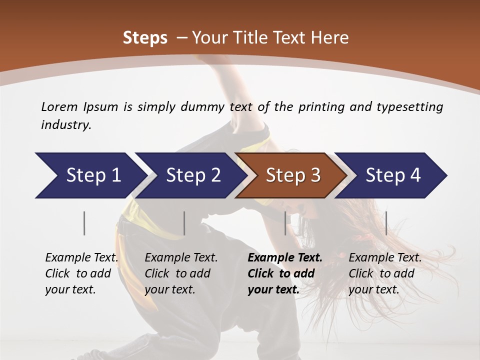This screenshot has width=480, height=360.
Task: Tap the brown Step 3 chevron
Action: pos(293,175)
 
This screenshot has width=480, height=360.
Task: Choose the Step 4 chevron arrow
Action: pos(393,175)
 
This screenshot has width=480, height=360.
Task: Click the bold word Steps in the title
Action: pos(145,38)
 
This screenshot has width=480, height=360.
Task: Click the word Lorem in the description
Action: pos(59,107)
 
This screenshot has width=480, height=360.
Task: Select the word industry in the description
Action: pos(65,125)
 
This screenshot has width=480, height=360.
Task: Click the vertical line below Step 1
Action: pos(84,223)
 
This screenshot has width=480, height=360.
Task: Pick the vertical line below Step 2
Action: pos(184,223)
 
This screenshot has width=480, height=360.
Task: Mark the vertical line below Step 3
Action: pos(285,223)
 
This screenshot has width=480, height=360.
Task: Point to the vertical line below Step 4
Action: pos(386,223)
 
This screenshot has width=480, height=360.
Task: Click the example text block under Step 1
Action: pos(81,273)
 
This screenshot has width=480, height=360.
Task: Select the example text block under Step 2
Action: pos(181,273)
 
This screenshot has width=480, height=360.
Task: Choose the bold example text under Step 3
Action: pos(284,273)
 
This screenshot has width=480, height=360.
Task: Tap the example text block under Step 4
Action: pos(385,273)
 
